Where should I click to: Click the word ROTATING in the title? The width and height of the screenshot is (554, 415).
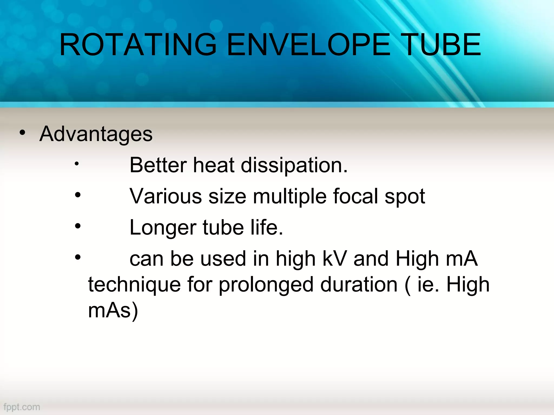pos(138,45)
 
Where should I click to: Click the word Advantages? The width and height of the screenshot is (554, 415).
pos(96,134)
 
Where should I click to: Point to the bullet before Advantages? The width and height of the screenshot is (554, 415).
pos(22,133)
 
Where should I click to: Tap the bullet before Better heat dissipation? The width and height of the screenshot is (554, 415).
pos(77,163)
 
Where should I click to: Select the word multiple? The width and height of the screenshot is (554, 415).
pos(290,197)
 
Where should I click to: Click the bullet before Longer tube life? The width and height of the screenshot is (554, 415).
pos(78,226)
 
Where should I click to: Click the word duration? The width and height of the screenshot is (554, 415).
pos(359,285)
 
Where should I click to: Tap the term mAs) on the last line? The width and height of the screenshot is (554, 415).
pos(113,311)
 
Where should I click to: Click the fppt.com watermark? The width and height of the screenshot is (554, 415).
pos(22,407)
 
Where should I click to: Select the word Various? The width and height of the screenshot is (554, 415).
pos(166,196)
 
